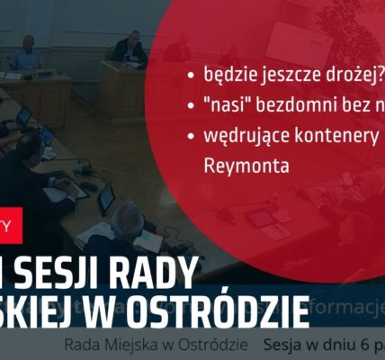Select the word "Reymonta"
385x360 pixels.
click(x=234, y=167)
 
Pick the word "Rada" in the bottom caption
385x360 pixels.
click(x=83, y=346)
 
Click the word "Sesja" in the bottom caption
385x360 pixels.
click(x=284, y=346)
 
